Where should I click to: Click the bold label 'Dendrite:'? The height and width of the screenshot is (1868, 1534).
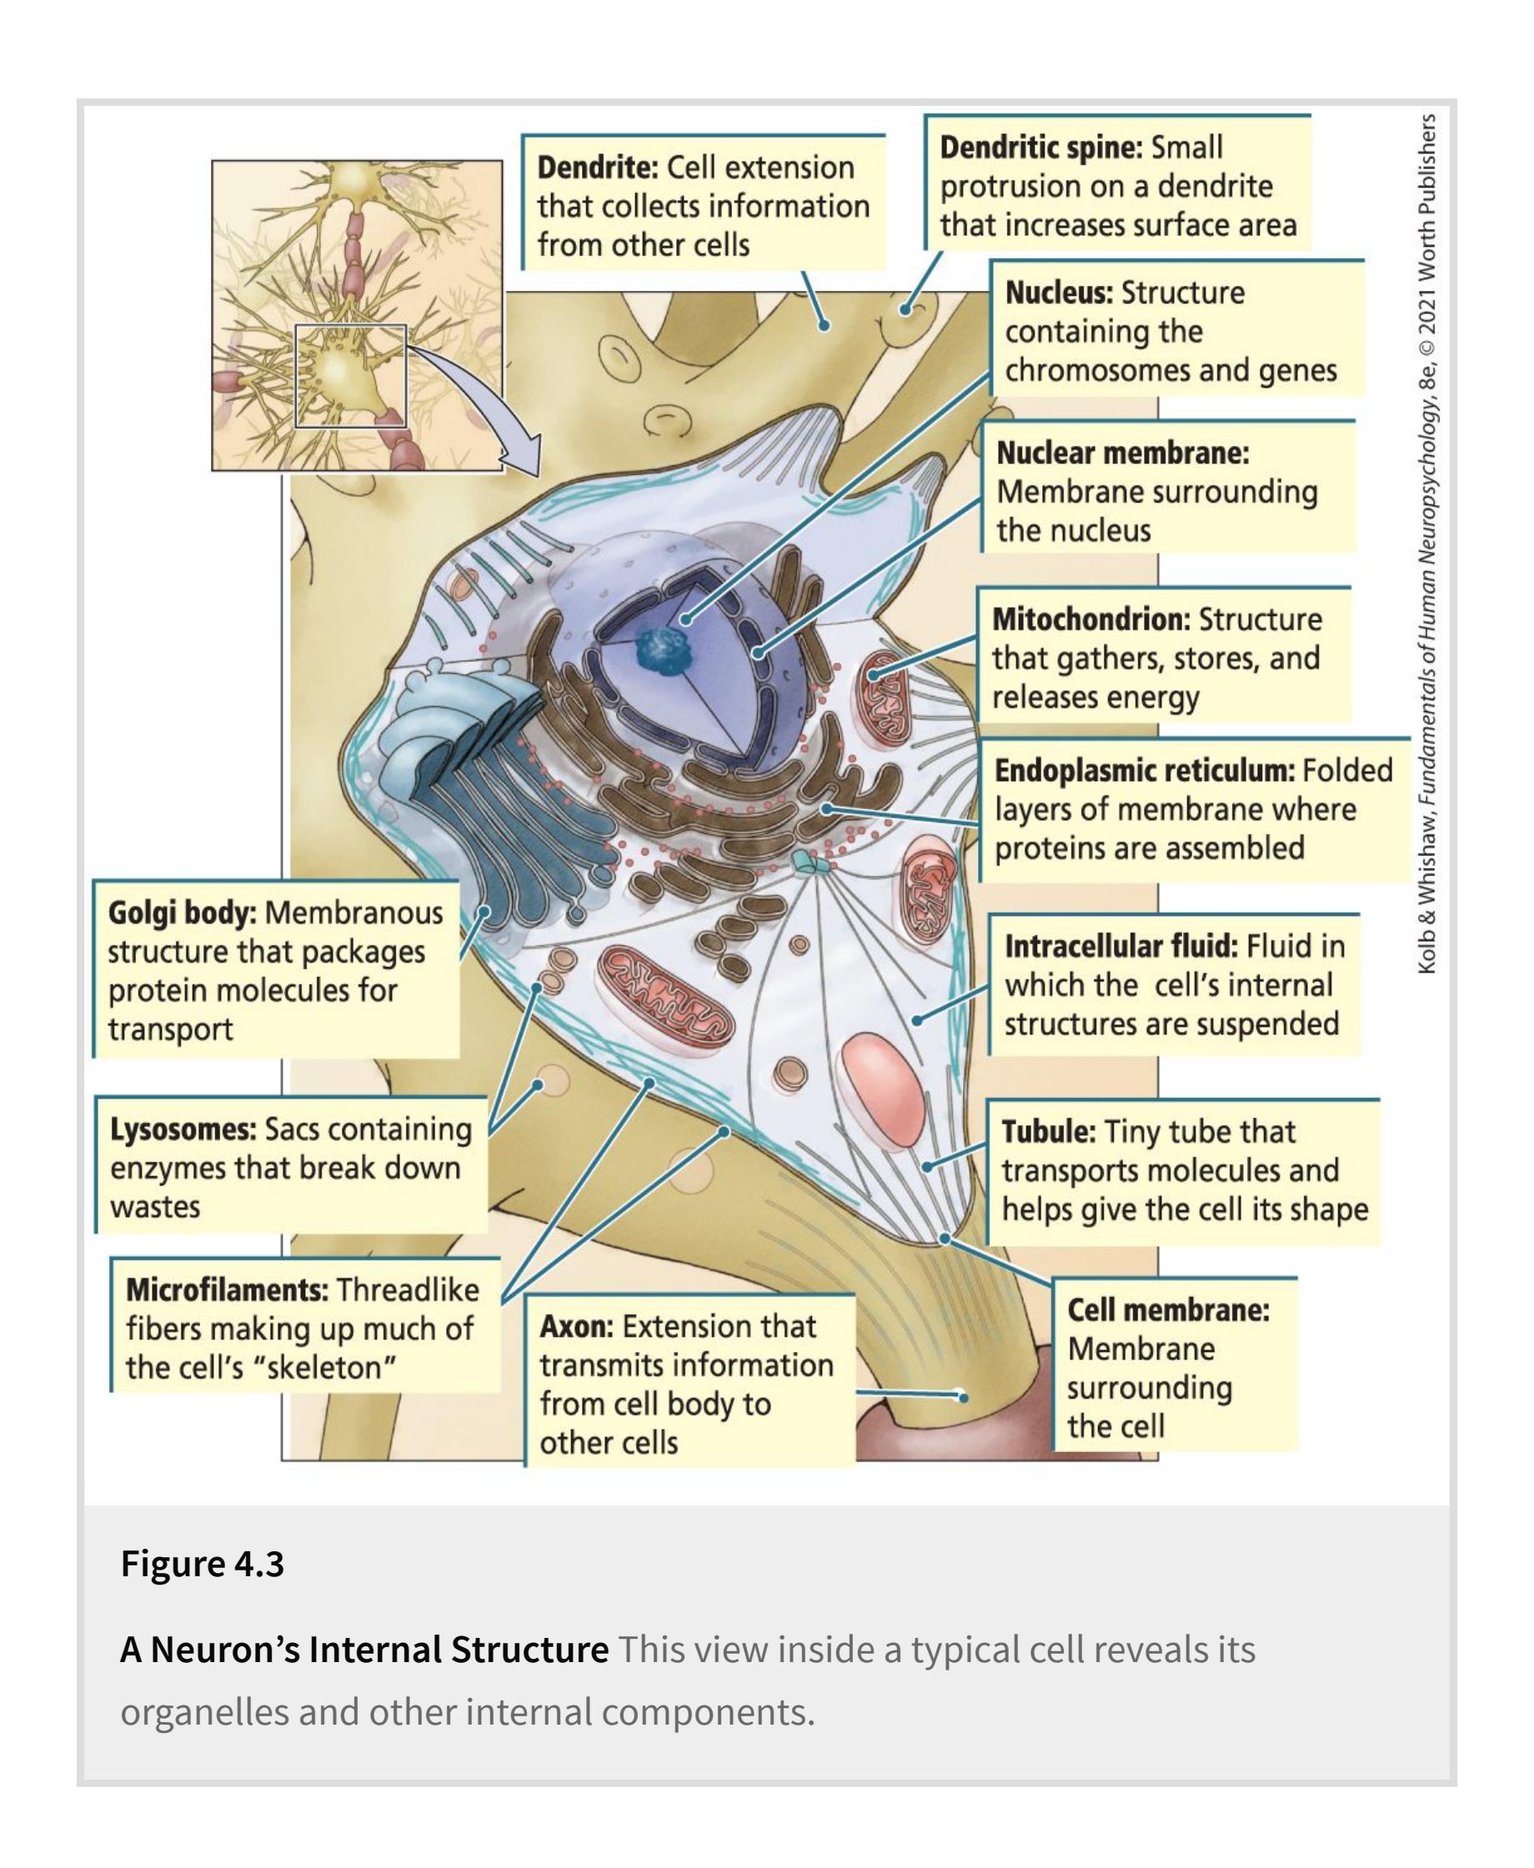point(597,167)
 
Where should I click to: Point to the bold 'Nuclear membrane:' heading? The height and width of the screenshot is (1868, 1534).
point(1122,453)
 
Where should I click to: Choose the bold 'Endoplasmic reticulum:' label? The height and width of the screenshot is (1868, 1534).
point(1145,770)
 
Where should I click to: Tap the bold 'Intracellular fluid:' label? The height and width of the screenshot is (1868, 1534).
point(1120,946)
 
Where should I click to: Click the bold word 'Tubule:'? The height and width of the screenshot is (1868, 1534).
point(1048,1131)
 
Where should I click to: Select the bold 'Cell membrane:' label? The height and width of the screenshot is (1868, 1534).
point(1167,1310)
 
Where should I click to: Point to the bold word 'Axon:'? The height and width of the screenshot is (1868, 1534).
point(576,1326)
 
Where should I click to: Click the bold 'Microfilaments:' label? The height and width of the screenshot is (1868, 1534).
point(227,1290)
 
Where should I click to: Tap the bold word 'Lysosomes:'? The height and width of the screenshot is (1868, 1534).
point(183,1129)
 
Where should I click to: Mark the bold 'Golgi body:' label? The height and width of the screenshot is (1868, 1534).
point(181,912)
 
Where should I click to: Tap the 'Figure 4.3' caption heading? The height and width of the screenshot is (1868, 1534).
point(203,1563)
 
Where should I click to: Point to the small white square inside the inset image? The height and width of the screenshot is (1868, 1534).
point(350,376)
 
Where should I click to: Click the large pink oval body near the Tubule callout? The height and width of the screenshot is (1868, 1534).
point(881,1082)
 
